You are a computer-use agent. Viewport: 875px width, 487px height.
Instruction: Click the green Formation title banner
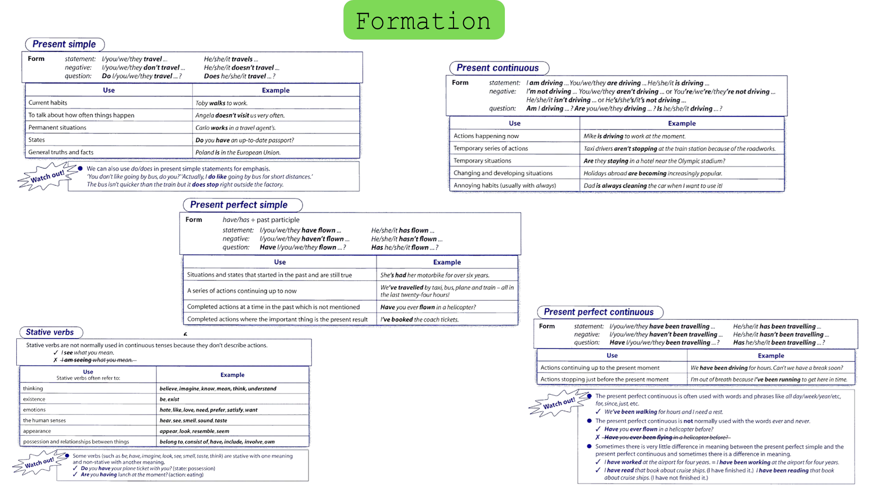(424, 20)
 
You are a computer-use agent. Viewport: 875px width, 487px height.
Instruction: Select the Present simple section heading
(65, 44)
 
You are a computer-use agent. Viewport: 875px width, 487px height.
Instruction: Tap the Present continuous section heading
(499, 68)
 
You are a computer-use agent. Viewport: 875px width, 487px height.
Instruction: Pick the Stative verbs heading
(51, 332)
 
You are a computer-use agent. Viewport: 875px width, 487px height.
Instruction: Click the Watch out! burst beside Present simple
(47, 176)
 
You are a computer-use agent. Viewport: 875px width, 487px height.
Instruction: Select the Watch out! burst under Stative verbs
(40, 463)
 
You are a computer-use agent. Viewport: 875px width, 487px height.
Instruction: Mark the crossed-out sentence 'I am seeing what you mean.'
(98, 360)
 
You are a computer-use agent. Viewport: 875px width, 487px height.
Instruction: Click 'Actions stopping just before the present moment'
(604, 379)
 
